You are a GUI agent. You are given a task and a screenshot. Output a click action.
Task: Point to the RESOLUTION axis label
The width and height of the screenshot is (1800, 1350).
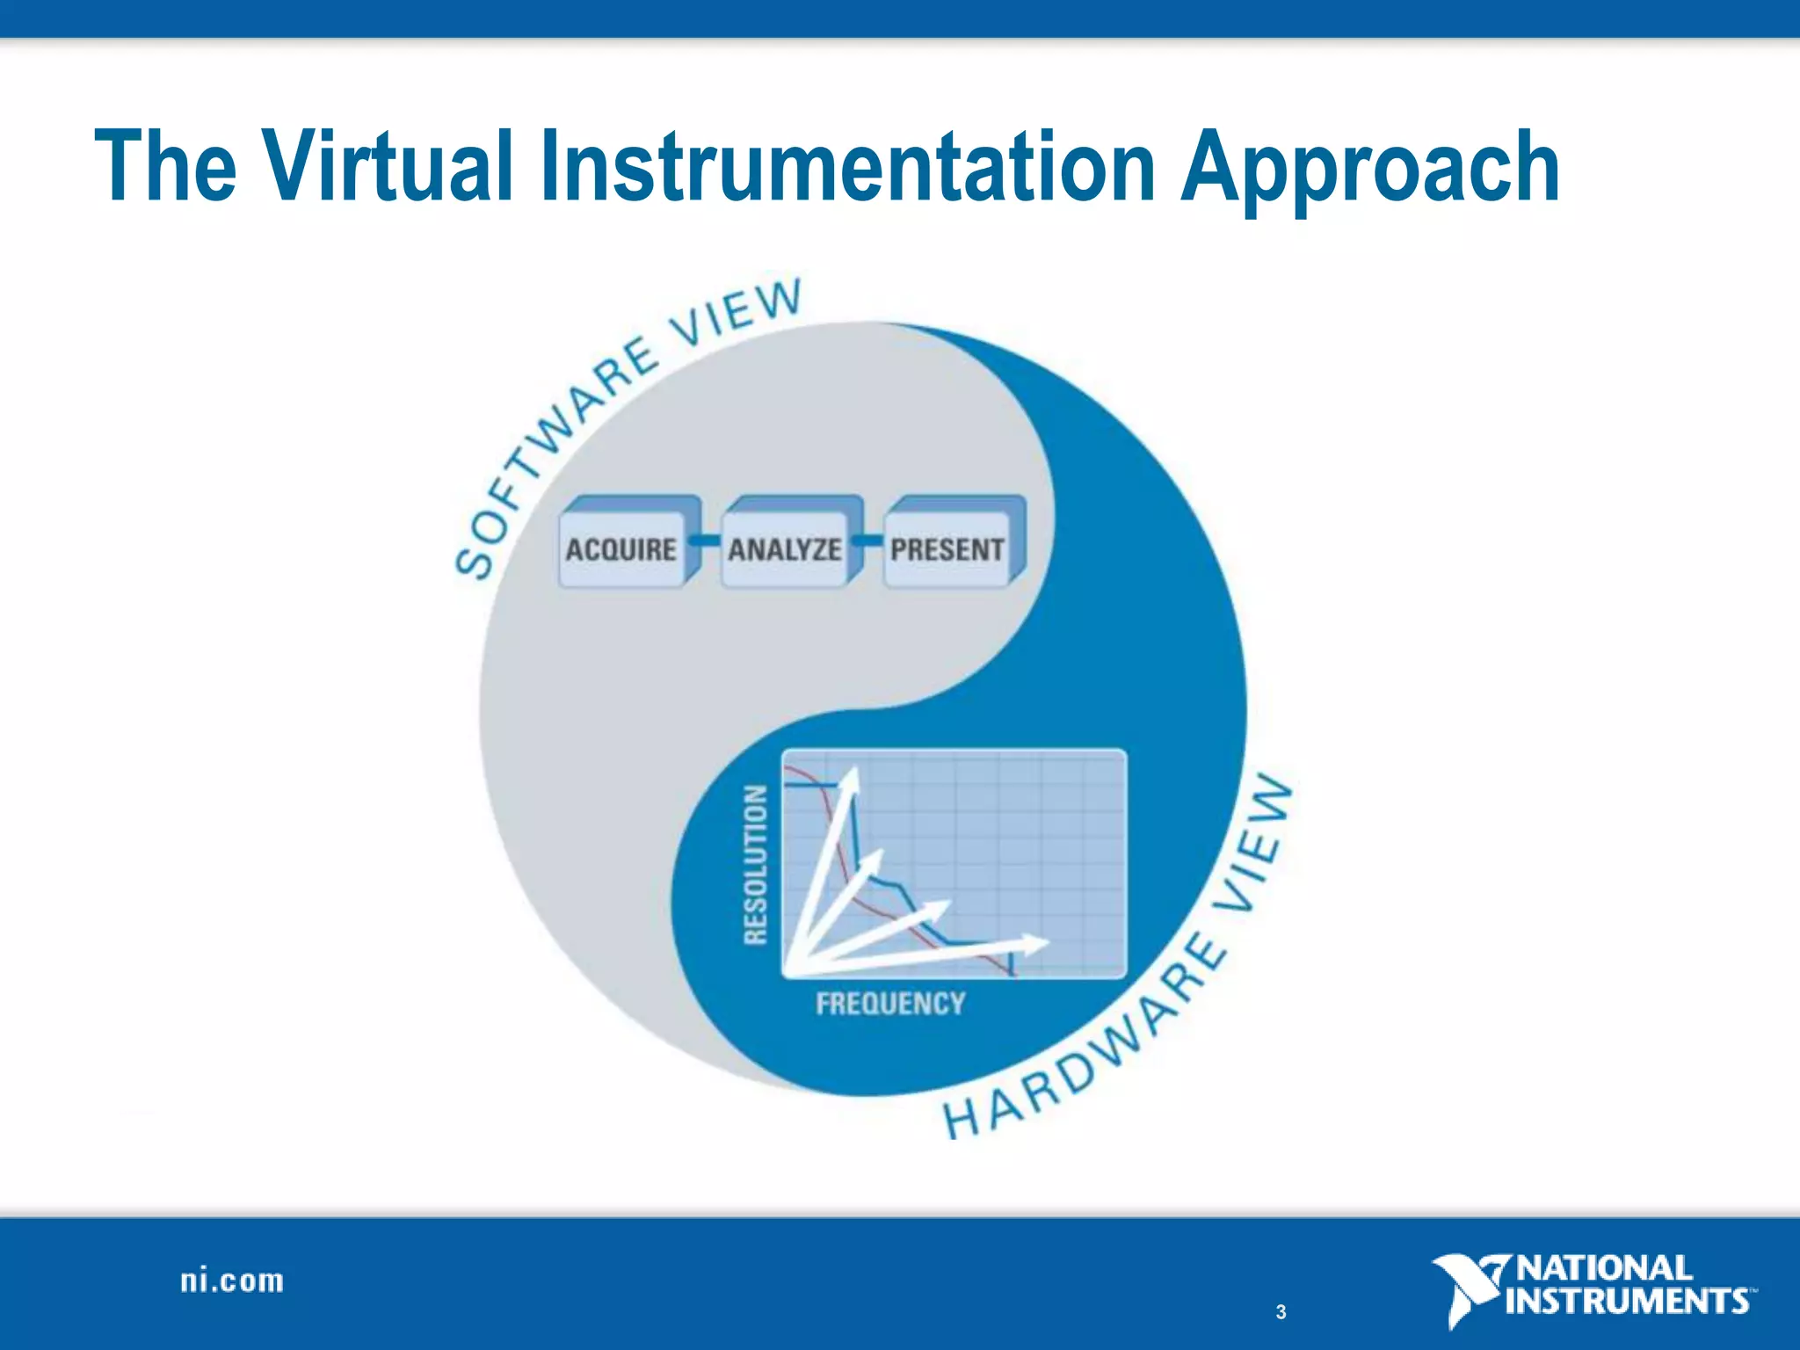pyautogui.click(x=755, y=865)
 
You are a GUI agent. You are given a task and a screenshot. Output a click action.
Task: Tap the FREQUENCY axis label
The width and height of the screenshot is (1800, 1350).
pyautogui.click(x=889, y=1004)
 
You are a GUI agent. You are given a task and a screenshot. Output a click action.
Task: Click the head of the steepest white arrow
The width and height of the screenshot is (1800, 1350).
pyautogui.click(x=850, y=780)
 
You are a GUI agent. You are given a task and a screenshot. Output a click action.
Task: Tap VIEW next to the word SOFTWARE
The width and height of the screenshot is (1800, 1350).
pyautogui.click(x=737, y=312)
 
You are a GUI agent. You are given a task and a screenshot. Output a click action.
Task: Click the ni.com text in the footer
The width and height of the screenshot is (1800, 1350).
pyautogui.click(x=232, y=1281)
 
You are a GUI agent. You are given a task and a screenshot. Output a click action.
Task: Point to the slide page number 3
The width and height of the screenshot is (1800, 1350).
pyautogui.click(x=1281, y=1312)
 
